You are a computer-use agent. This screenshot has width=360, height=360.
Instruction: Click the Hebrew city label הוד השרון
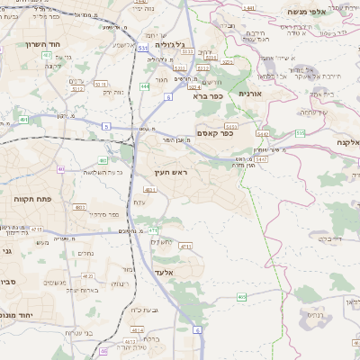coord(41,44)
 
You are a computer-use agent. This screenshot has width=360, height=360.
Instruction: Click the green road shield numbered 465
coord(242,296)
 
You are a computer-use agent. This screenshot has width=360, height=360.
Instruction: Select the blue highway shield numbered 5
coord(105,127)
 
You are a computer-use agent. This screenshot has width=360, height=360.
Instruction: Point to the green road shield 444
coord(145,86)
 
